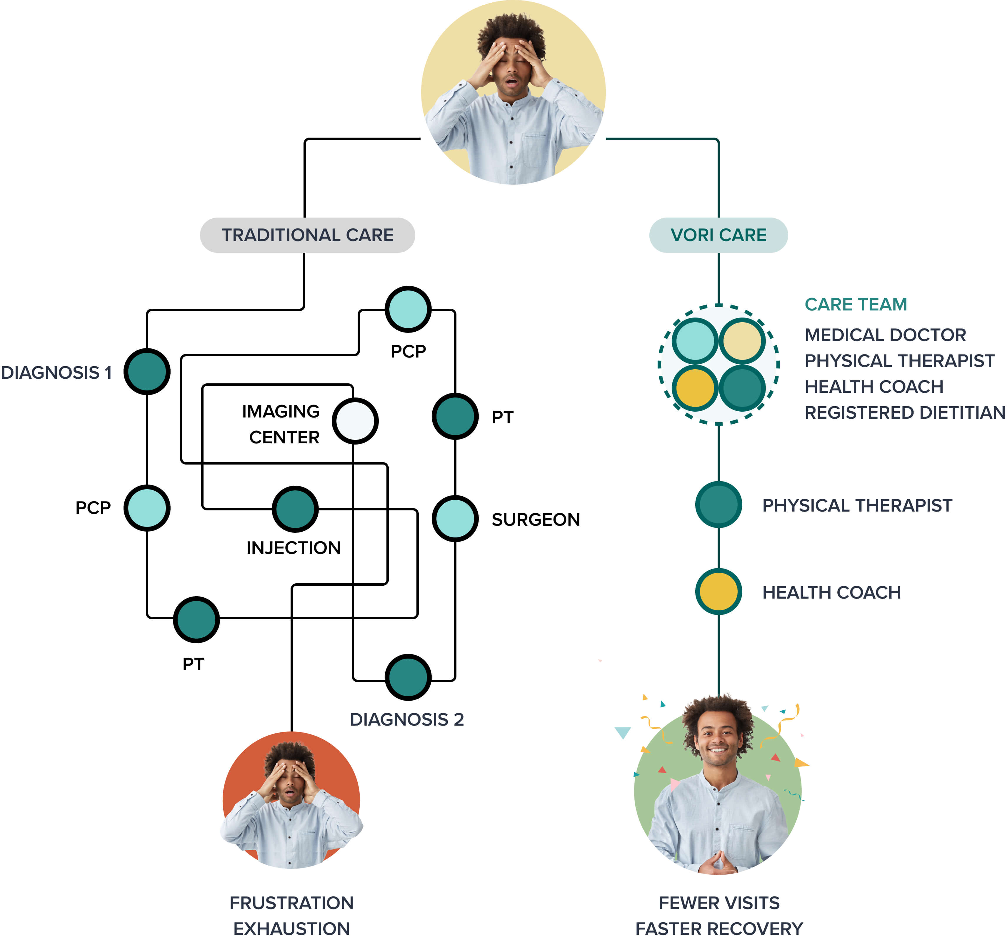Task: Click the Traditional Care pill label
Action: [x=307, y=235]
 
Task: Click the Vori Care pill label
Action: [x=718, y=235]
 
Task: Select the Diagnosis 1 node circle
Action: [x=147, y=371]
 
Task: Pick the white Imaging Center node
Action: [x=355, y=421]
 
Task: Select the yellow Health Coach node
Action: [x=718, y=592]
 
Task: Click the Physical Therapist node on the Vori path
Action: [x=718, y=505]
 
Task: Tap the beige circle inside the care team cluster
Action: [x=742, y=341]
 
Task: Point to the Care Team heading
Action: [x=856, y=304]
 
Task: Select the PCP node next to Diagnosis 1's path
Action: [x=147, y=507]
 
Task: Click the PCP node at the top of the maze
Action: [x=408, y=309]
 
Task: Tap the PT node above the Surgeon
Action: [x=455, y=416]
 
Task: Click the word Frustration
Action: [x=291, y=903]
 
